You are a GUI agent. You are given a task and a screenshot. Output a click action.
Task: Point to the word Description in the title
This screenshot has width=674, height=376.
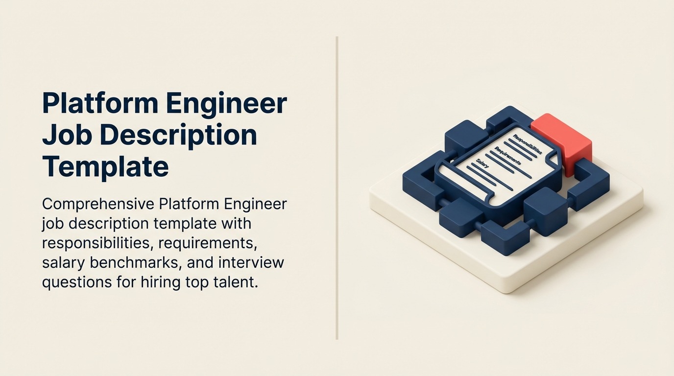point(179,136)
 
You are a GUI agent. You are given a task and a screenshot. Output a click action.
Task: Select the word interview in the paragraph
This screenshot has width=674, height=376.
point(251,262)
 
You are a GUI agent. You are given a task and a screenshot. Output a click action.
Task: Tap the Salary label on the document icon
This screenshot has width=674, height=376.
point(483,161)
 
